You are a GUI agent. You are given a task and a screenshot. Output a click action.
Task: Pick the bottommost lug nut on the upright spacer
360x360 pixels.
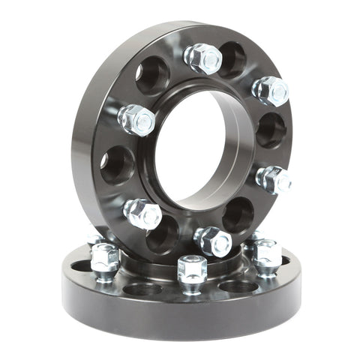point(212,241)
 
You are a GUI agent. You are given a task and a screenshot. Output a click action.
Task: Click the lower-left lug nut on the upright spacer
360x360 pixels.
point(142,213)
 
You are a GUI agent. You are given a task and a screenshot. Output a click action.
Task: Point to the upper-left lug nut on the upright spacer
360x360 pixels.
point(136,119)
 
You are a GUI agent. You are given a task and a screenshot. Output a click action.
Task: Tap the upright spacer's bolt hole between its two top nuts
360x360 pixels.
point(232,60)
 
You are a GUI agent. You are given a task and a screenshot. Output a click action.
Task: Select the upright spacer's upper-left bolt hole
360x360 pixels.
point(152,74)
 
